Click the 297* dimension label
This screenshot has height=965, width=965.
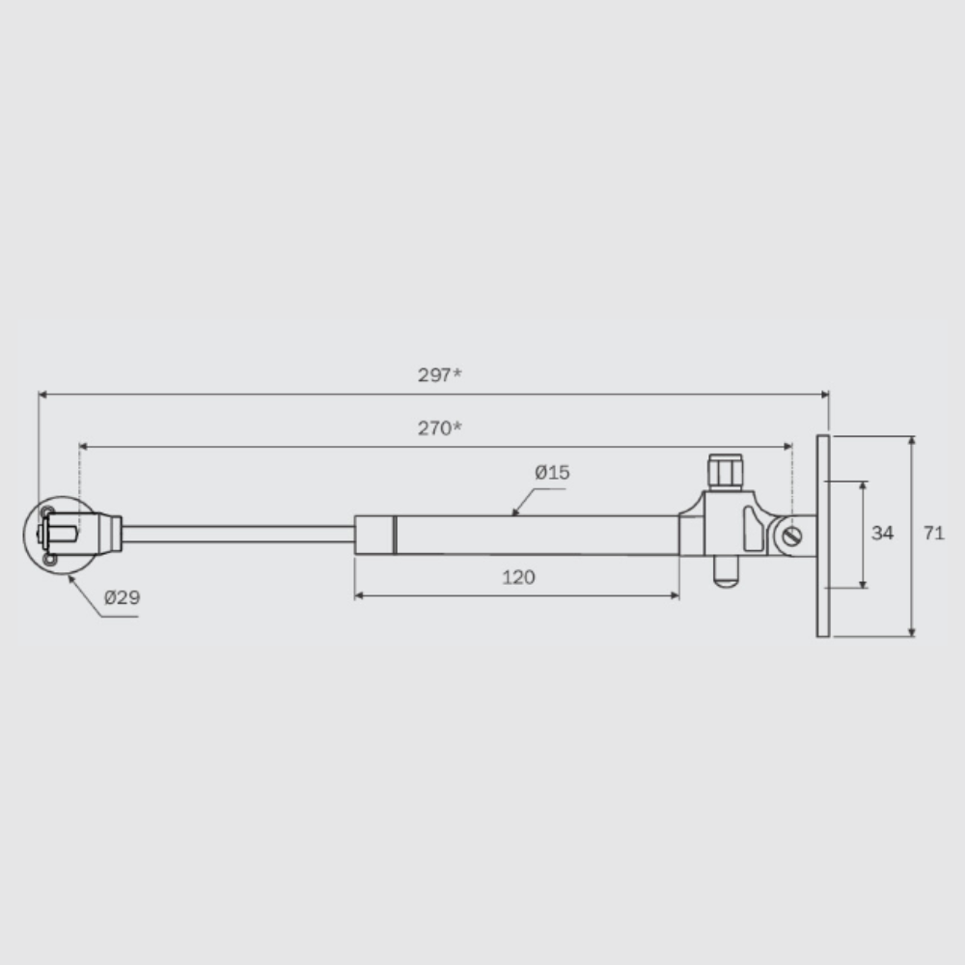click(x=439, y=374)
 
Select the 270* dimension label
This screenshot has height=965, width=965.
click(x=439, y=427)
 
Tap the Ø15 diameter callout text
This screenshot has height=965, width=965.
click(x=552, y=473)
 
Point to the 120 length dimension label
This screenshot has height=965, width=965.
click(x=518, y=577)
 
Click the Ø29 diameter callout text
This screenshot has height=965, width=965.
click(x=122, y=597)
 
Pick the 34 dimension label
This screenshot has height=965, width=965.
click(x=882, y=533)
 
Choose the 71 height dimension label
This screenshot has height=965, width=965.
click(x=933, y=533)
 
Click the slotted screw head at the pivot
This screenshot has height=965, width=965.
click(x=792, y=536)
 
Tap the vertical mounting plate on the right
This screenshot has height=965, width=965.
click(x=823, y=536)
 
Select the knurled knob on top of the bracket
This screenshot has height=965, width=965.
click(x=725, y=472)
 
